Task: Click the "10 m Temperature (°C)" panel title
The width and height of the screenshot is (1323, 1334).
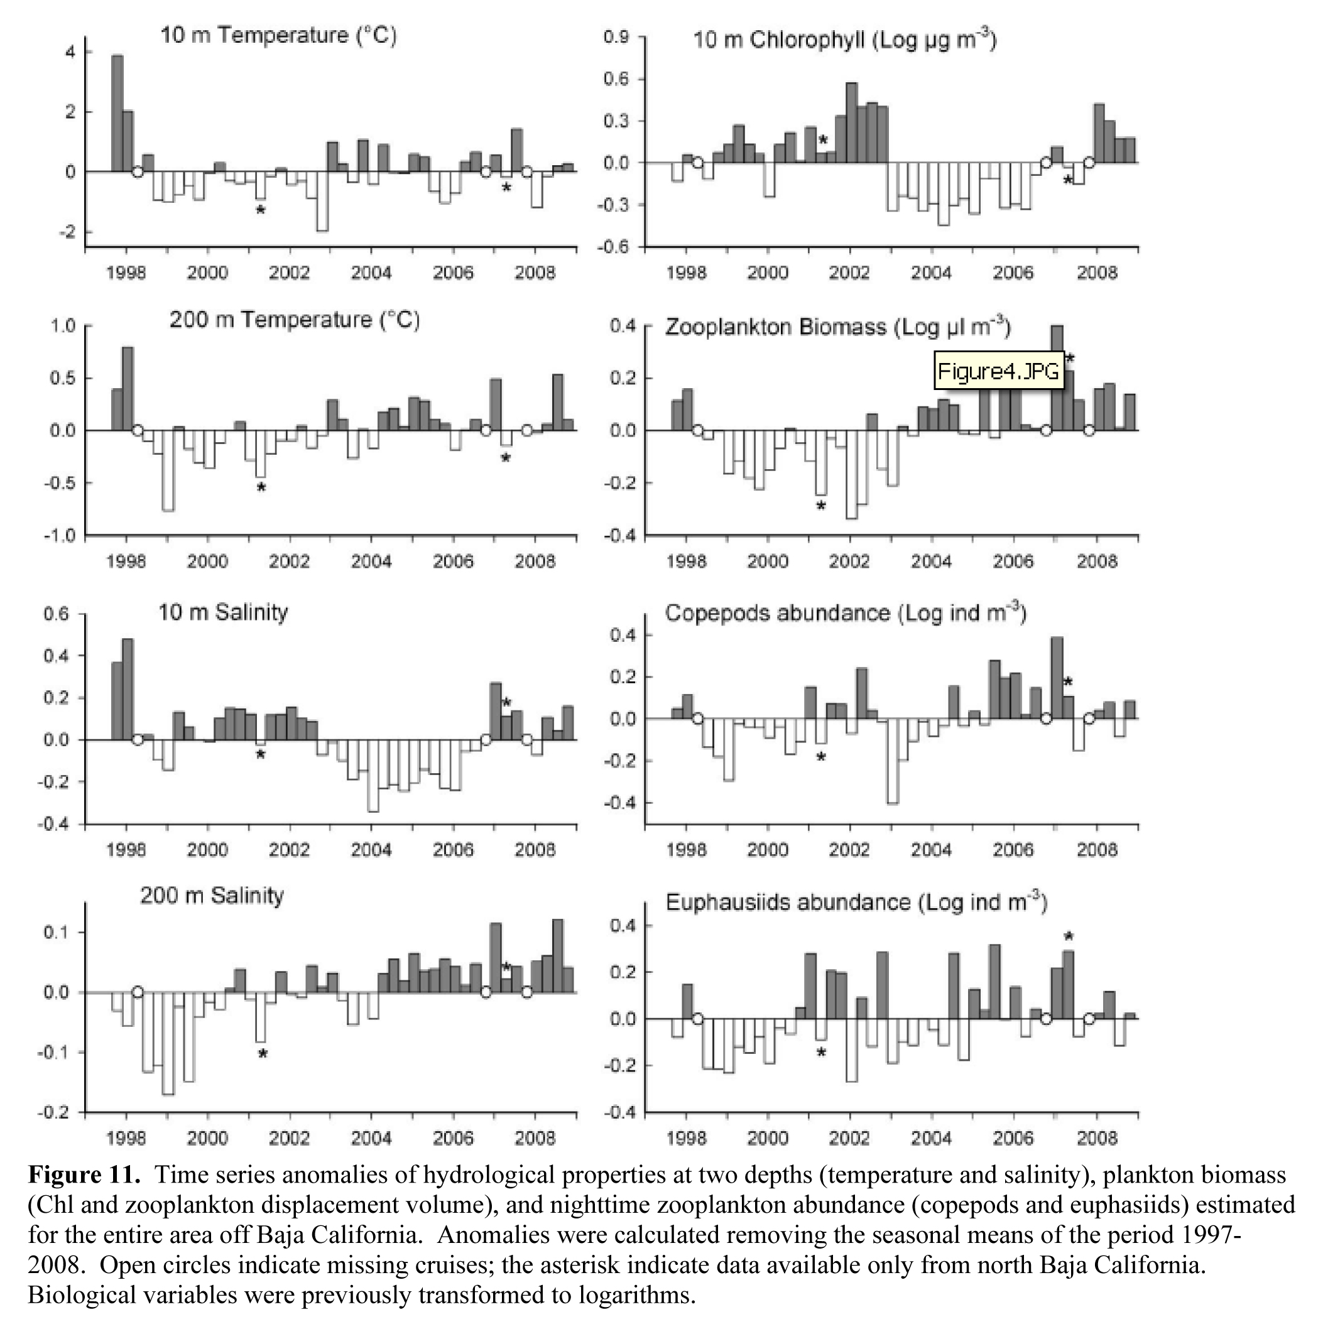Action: tap(278, 35)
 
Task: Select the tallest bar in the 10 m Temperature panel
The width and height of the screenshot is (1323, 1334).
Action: tap(117, 113)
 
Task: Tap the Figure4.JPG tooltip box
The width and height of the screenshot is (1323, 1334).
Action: tap(998, 371)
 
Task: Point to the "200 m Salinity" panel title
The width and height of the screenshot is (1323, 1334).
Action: tap(212, 896)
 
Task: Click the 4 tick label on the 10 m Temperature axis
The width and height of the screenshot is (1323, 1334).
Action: tap(70, 53)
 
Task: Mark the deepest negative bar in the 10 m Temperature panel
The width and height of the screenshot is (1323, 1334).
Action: tap(322, 201)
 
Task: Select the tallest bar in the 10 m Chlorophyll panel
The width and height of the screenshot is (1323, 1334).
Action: tap(851, 123)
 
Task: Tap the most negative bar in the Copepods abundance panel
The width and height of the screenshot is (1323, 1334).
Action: tap(892, 761)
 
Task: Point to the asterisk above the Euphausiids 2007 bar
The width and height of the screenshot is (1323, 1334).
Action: tap(1068, 937)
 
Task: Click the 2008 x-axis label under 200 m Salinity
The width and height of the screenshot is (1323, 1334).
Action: tap(535, 1138)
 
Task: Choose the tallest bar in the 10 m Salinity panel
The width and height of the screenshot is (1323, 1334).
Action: tap(128, 689)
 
